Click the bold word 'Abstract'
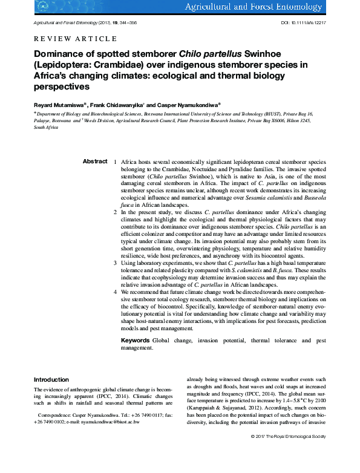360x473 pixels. (x=95, y=161)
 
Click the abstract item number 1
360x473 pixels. (x=115, y=163)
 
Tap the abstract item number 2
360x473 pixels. (x=115, y=213)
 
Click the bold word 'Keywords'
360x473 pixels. (x=136, y=341)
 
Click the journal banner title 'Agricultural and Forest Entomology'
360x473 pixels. (x=278, y=7)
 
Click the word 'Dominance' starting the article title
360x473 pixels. (x=61, y=53)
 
